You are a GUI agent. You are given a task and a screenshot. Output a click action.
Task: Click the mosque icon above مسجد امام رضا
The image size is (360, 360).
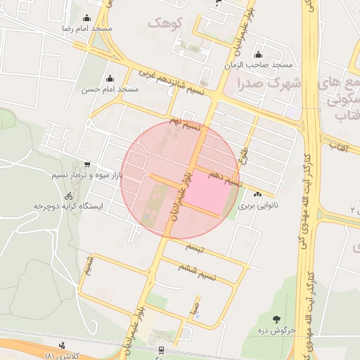(x=86, y=18)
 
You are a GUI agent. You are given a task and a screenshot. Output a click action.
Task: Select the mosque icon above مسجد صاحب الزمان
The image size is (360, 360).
(x=258, y=55)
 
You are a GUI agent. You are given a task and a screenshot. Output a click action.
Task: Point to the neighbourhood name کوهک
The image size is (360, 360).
(x=165, y=23)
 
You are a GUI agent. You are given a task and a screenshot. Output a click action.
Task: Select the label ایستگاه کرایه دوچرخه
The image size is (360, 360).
(x=68, y=207)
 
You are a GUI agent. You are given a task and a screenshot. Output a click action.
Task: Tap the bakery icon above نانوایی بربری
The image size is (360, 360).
(x=257, y=195)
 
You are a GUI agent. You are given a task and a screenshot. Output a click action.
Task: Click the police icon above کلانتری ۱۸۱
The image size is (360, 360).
(x=63, y=345)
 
